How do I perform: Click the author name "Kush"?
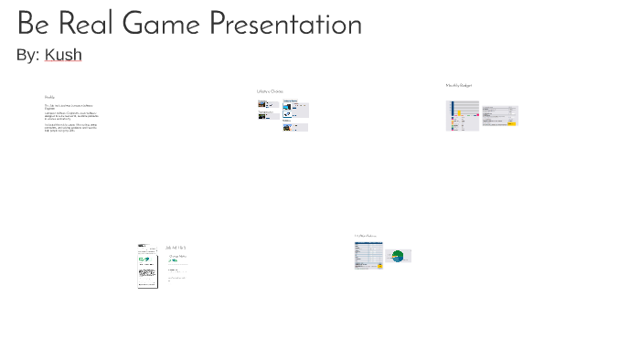(x=63, y=55)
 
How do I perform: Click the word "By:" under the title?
(x=27, y=55)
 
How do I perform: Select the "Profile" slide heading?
(x=49, y=97)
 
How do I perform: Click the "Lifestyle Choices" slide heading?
(x=270, y=91)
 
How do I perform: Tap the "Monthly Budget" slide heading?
(x=459, y=85)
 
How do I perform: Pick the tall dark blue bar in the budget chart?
(x=449, y=115)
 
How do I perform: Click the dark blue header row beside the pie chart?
(x=368, y=243)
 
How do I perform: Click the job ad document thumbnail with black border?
(x=147, y=266)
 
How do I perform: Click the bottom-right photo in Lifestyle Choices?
(x=300, y=128)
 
